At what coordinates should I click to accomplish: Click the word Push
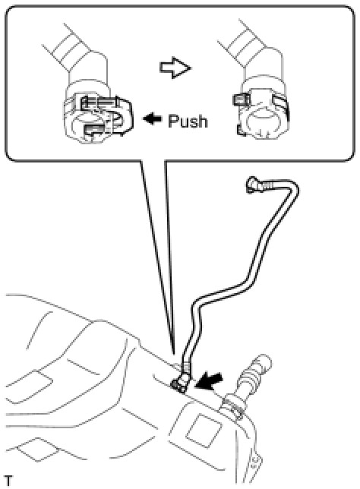coord(188,121)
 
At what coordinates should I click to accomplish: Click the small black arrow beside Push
coord(152,118)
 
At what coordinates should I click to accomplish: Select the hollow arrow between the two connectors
coord(175,68)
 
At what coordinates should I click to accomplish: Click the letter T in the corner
coord(8,481)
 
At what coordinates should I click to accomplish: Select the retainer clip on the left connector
coord(106,115)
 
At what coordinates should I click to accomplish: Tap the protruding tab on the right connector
coord(241,99)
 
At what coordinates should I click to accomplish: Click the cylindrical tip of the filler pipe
coord(262,364)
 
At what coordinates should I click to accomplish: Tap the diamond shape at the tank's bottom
coord(38,450)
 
